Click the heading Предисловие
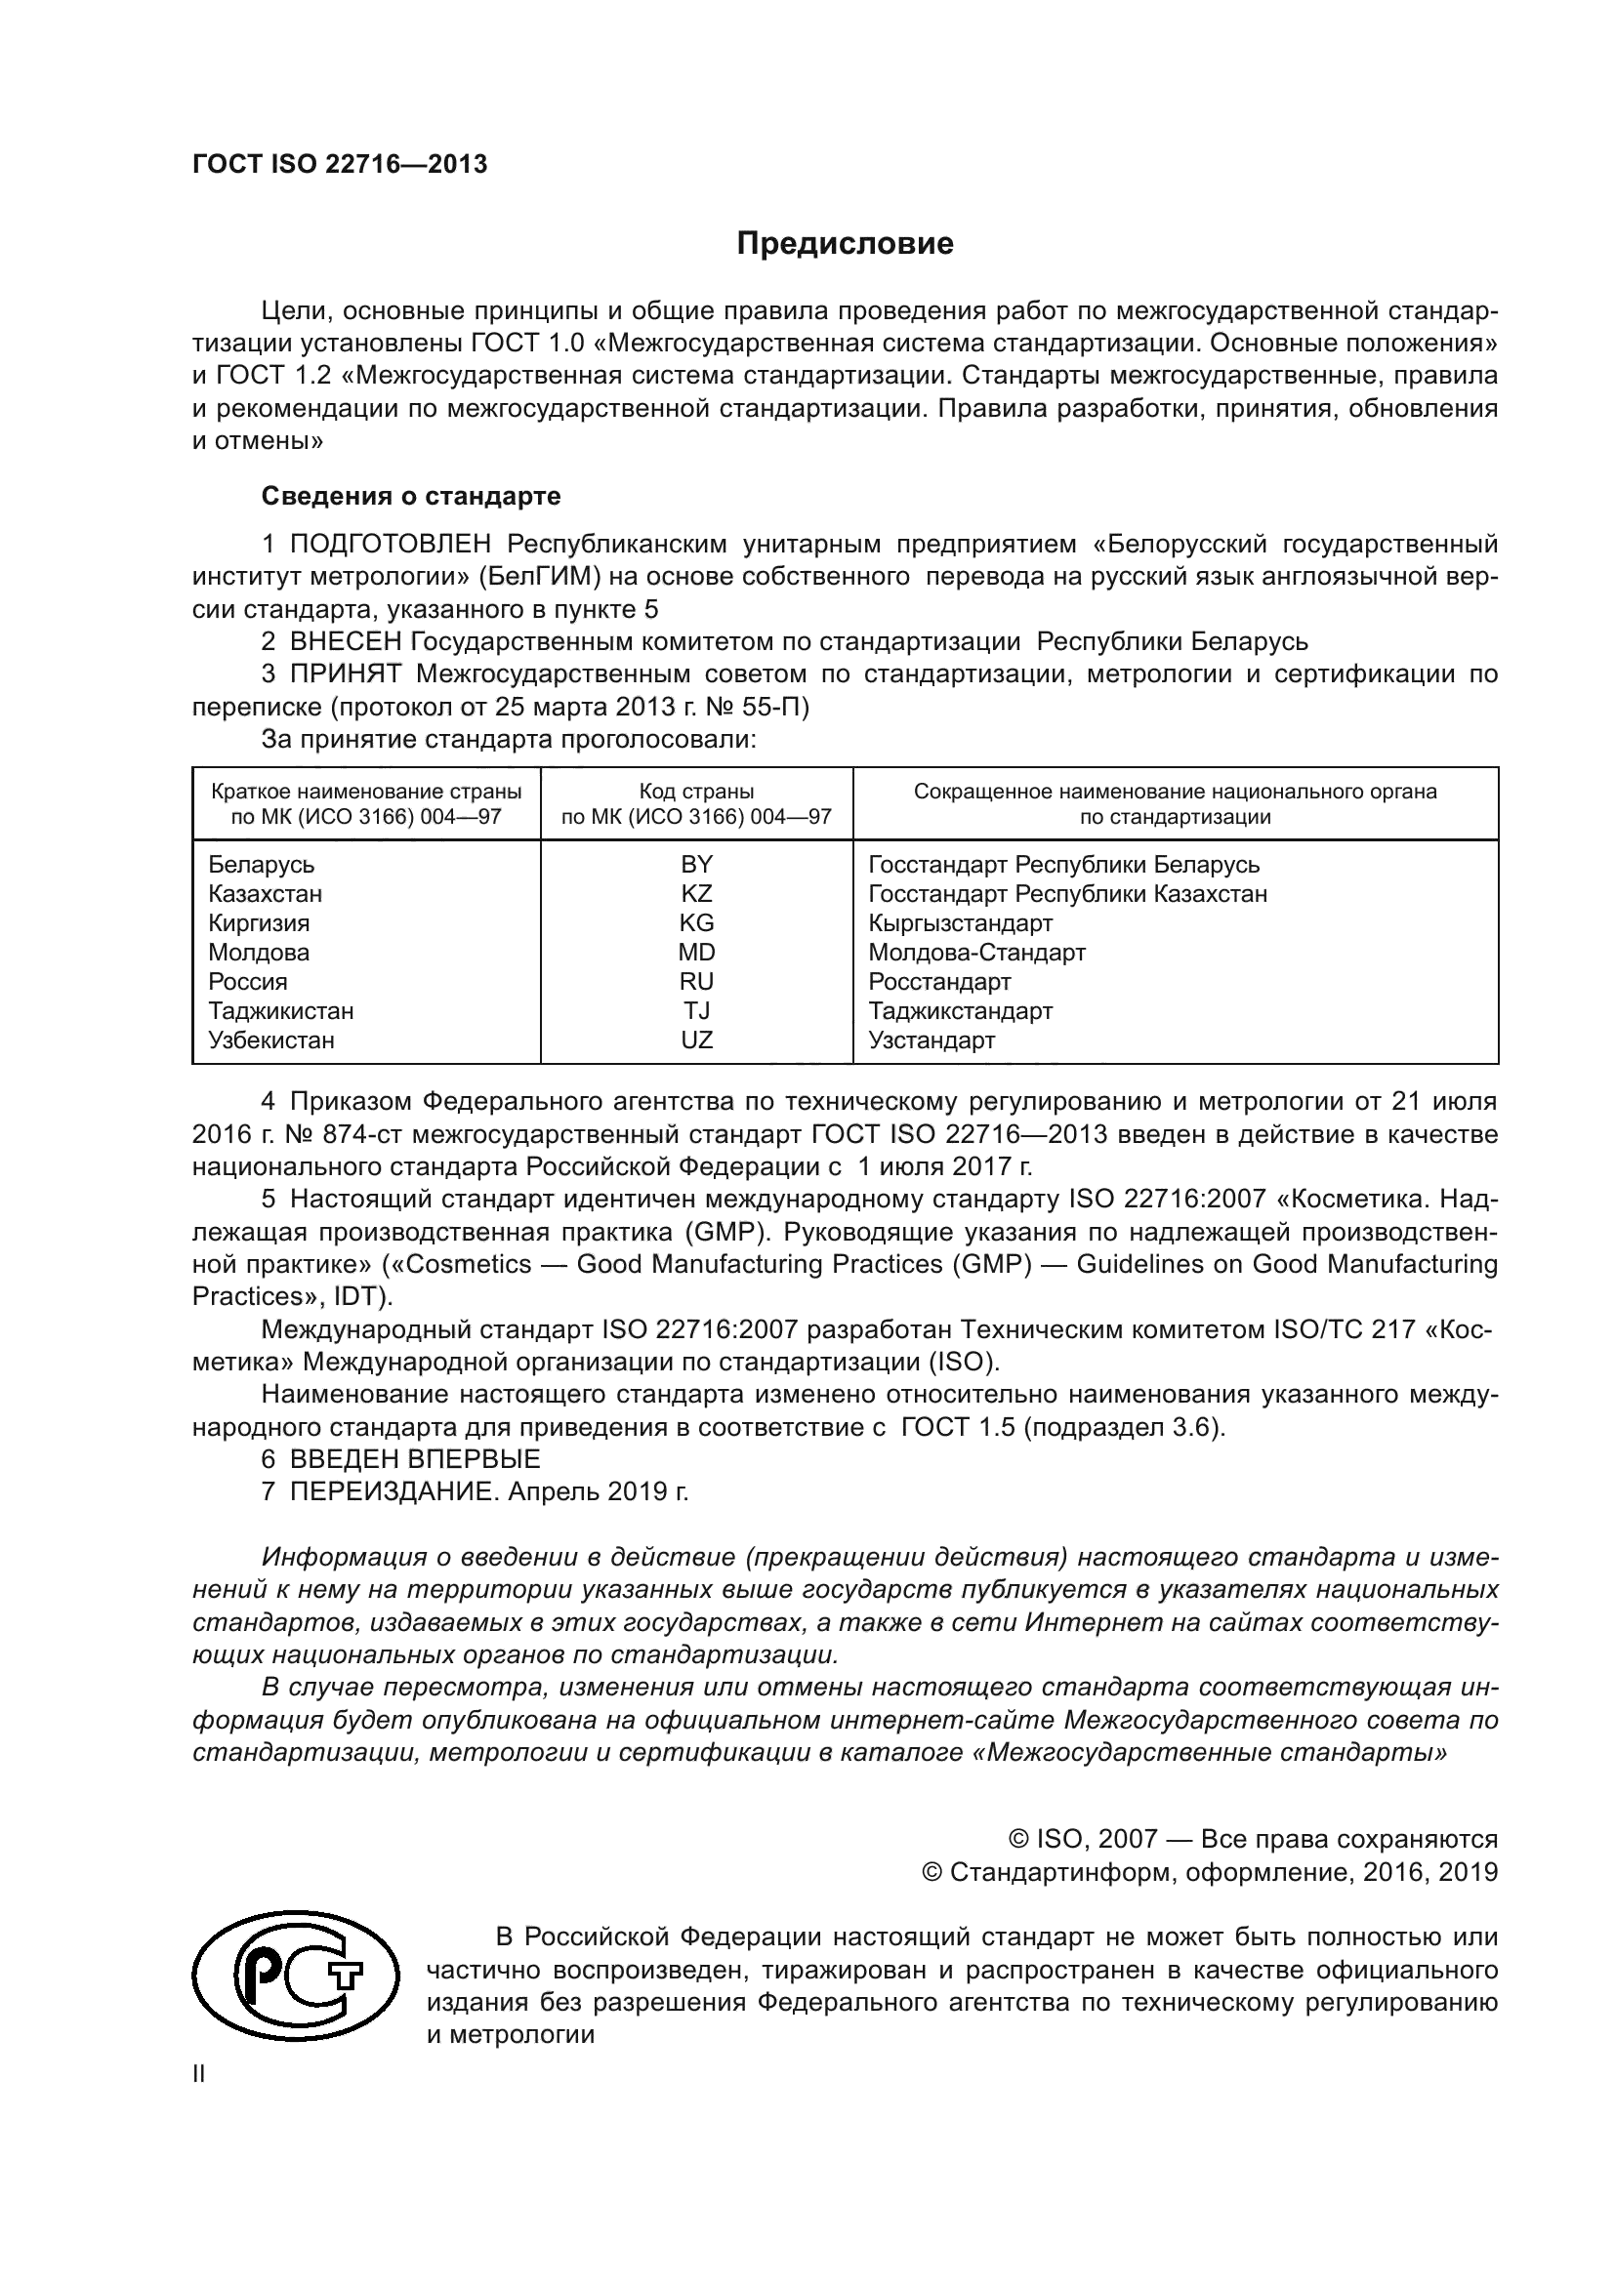pyautogui.click(x=845, y=245)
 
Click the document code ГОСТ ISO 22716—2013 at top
pyautogui.click(x=340, y=165)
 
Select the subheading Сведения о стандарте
pyautogui.click(x=411, y=495)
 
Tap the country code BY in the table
pyautogui.click(x=696, y=864)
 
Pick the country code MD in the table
pyautogui.click(x=696, y=953)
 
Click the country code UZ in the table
pyautogui.click(x=696, y=1040)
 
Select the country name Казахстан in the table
pyautogui.click(x=265, y=894)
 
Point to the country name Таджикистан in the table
pyautogui.click(x=280, y=1011)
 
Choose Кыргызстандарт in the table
pyautogui.click(x=960, y=923)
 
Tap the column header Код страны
pyautogui.click(x=696, y=793)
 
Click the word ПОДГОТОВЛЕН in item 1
pyautogui.click(x=390, y=544)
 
